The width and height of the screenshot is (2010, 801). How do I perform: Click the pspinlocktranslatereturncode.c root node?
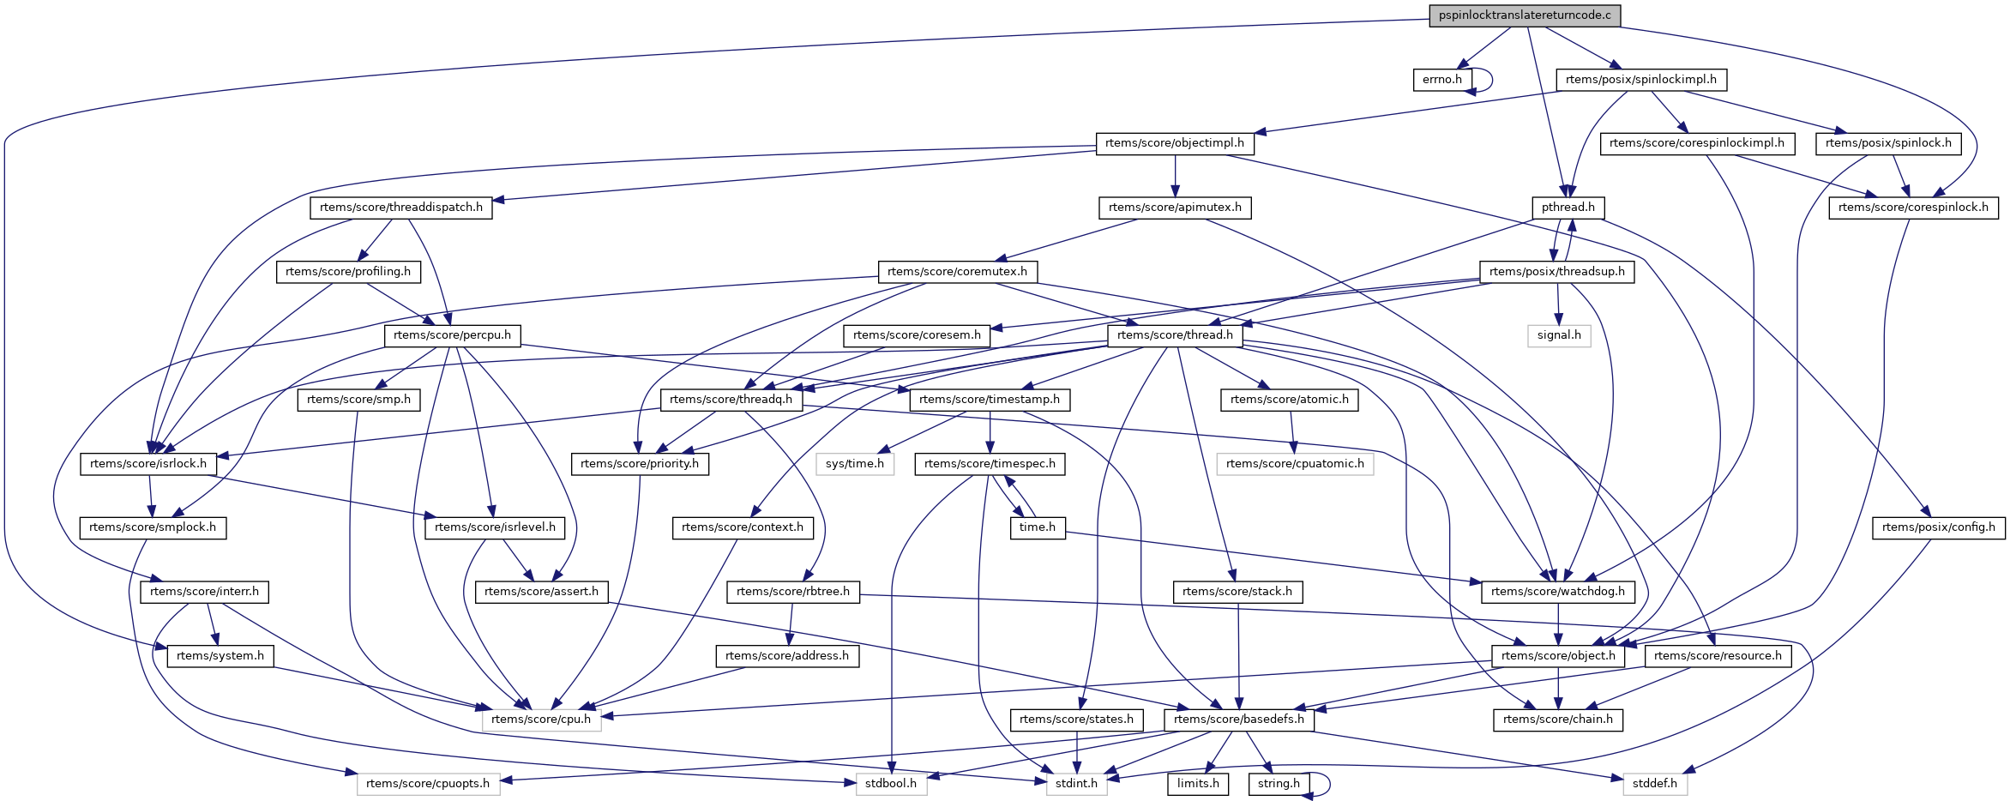point(1524,15)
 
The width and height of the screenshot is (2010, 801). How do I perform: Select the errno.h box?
point(1441,80)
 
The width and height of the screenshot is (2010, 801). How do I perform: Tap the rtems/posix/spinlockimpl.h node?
point(1640,80)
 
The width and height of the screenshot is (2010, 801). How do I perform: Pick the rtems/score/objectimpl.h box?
point(1174,143)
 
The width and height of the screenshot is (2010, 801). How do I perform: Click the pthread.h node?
point(1568,208)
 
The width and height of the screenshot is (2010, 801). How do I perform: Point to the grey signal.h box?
point(1558,335)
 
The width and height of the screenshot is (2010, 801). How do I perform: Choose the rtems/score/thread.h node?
point(1174,335)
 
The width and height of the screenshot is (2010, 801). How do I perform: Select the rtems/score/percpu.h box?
point(452,335)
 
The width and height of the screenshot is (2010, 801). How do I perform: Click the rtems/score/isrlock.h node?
point(147,464)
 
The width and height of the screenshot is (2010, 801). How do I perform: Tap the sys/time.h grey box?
point(854,464)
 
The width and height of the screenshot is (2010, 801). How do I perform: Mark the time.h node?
point(1037,527)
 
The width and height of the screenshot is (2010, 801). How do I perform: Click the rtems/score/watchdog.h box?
point(1557,592)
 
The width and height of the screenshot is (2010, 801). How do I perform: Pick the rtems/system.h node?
point(220,656)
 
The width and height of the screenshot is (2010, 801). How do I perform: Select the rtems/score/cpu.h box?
point(541,720)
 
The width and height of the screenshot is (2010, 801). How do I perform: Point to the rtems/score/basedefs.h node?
point(1238,720)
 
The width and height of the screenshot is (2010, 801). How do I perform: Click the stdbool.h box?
point(890,784)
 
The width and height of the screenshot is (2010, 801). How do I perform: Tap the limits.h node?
point(1197,784)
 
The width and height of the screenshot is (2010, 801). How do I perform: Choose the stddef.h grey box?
point(1654,784)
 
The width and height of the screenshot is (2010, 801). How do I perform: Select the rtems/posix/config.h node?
point(1938,527)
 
